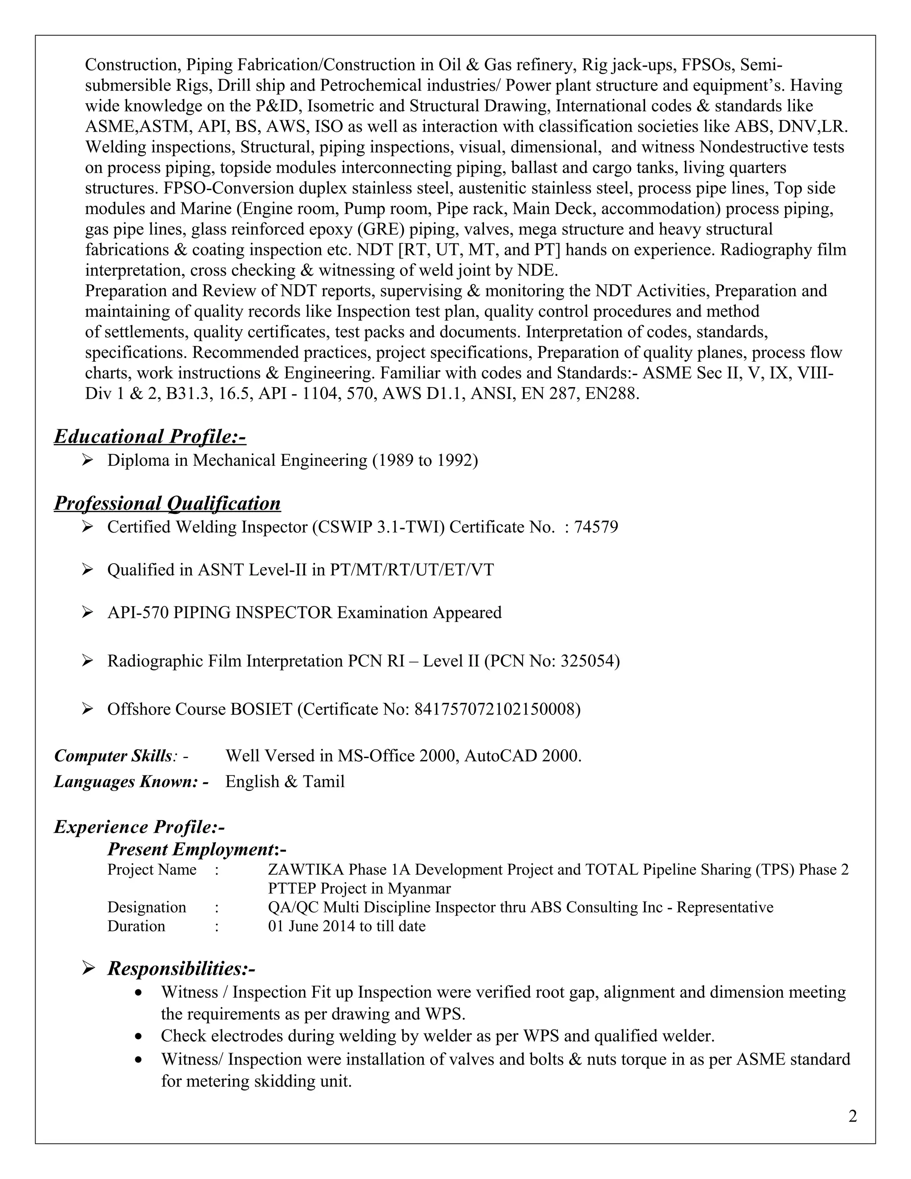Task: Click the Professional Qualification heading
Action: [x=167, y=503]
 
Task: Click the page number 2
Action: [x=852, y=1116]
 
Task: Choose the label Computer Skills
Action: [x=113, y=756]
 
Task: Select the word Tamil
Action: [x=323, y=782]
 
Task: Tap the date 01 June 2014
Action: [x=311, y=926]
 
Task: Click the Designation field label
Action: [x=146, y=908]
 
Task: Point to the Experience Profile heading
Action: [x=139, y=827]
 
